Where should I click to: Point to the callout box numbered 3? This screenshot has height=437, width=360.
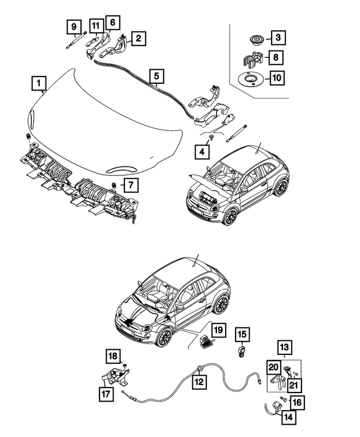tap(277, 38)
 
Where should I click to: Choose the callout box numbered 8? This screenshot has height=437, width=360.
tap(277, 57)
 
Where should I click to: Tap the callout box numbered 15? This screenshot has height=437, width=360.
tap(241, 336)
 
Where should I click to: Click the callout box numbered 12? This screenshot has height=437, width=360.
tap(198, 381)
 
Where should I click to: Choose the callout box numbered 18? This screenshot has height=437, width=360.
tap(113, 356)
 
